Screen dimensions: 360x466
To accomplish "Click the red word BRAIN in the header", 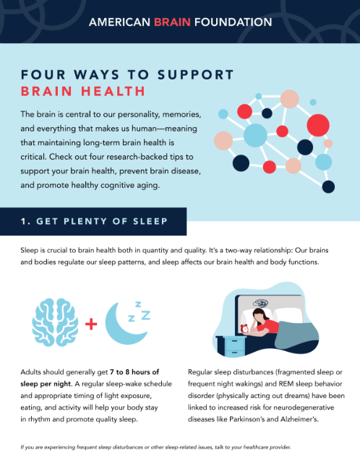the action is pyautogui.click(x=172, y=22).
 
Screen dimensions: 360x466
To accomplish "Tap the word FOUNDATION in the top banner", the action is pyautogui.click(x=233, y=22).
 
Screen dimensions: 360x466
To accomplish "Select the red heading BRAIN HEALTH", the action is pyautogui.click(x=83, y=91).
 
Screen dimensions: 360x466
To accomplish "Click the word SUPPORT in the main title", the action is pyautogui.click(x=196, y=74).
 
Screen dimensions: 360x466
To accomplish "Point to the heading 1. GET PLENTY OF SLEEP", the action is pyautogui.click(x=94, y=221).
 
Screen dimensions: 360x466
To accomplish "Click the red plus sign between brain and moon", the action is pyautogui.click(x=91, y=324).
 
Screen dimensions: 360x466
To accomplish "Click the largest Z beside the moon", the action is pyautogui.click(x=146, y=315).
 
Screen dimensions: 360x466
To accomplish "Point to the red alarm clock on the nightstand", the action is pyautogui.click(x=244, y=329).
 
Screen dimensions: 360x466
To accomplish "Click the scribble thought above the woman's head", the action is pyautogui.click(x=261, y=303).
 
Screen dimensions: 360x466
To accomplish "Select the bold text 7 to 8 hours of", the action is pyautogui.click(x=134, y=372).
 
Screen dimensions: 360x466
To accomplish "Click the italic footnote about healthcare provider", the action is pyautogui.click(x=155, y=447).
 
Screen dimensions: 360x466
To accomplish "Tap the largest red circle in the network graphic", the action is pyautogui.click(x=318, y=125).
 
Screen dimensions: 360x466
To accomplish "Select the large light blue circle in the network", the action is pyautogui.click(x=255, y=135).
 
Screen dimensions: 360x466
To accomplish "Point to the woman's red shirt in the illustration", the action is pyautogui.click(x=269, y=326).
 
